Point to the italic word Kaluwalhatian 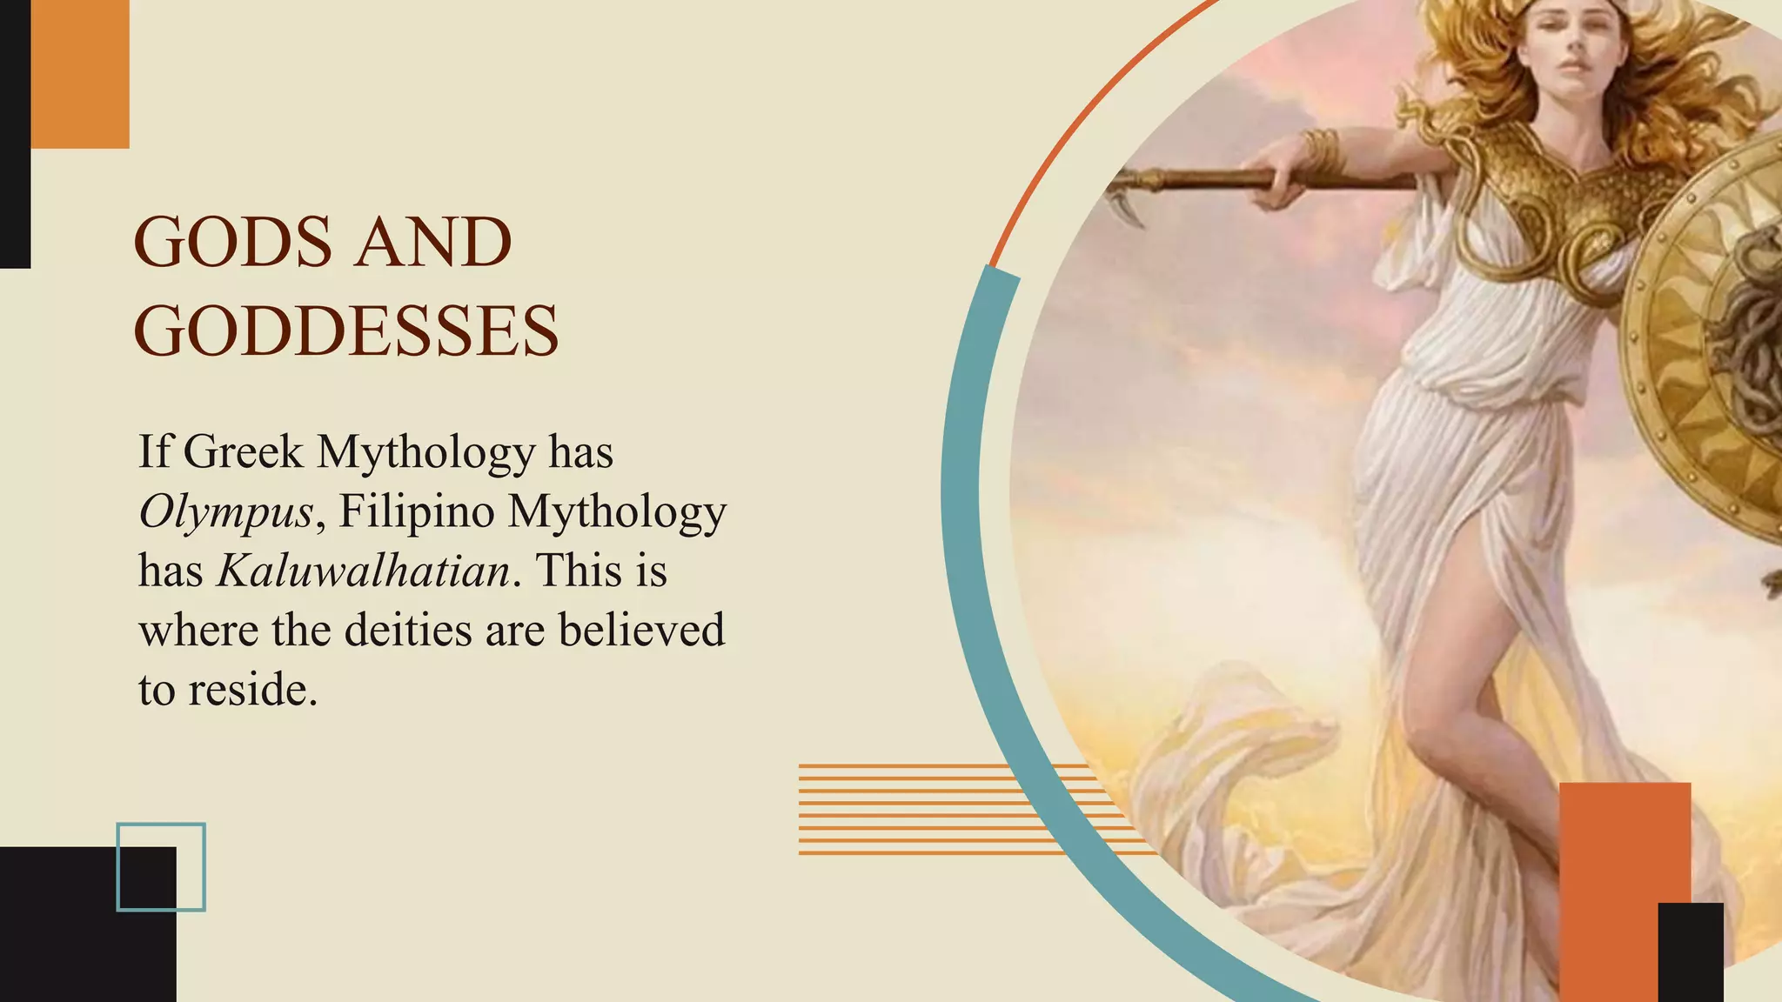(x=364, y=571)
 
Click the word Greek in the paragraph (x=244, y=452)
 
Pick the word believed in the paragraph (x=641, y=631)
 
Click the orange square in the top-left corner (x=80, y=73)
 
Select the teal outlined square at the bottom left (x=161, y=867)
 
